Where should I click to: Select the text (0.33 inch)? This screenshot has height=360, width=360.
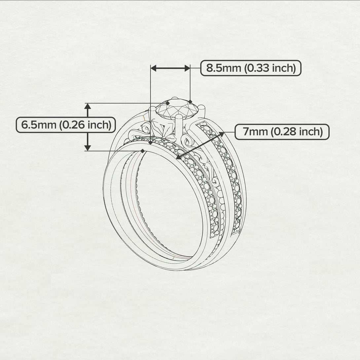pos(270,68)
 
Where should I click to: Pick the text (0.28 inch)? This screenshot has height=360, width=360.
pos(296,132)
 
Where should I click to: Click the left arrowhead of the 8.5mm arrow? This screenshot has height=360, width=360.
pos(153,68)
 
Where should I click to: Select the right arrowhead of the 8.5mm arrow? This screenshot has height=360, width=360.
pos(187,68)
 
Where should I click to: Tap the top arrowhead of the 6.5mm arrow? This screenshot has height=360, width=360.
pos(88,106)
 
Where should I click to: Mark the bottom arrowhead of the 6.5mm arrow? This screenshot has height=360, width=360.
pos(88,148)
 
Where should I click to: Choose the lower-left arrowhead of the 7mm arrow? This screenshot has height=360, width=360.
pos(179,157)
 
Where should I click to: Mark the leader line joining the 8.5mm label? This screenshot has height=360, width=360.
pos(196,68)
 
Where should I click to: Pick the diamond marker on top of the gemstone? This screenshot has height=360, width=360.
pos(167,103)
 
